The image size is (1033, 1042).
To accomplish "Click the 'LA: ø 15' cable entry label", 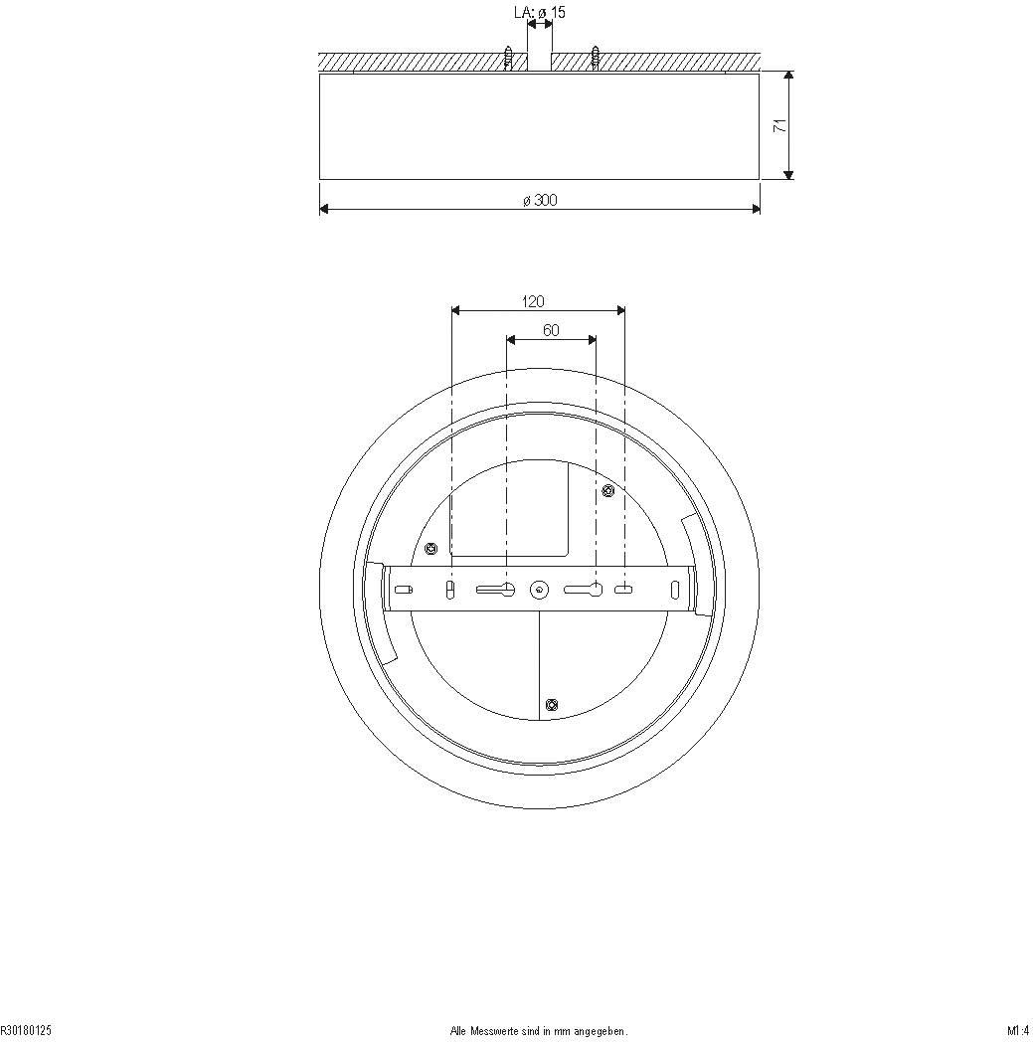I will point(540,13).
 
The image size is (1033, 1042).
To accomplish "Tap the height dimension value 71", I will point(780,125).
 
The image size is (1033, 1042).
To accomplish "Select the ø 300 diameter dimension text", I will point(540,200).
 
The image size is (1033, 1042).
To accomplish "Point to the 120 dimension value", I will point(533,301).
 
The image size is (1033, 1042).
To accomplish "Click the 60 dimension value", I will point(551,330).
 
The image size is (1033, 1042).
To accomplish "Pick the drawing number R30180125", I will point(26,1031).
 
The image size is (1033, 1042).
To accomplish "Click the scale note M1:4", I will point(1016,1031).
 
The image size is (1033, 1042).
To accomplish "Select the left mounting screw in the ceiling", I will point(509,58).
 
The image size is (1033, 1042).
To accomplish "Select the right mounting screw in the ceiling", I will point(595,58).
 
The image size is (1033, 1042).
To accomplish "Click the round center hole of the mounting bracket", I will point(538,590).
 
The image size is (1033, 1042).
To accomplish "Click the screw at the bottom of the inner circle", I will point(553,705).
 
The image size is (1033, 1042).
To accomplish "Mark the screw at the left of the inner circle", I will point(430,548).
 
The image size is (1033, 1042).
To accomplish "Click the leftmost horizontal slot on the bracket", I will point(403,590).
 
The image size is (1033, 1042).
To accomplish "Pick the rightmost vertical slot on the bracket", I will point(675,590).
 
